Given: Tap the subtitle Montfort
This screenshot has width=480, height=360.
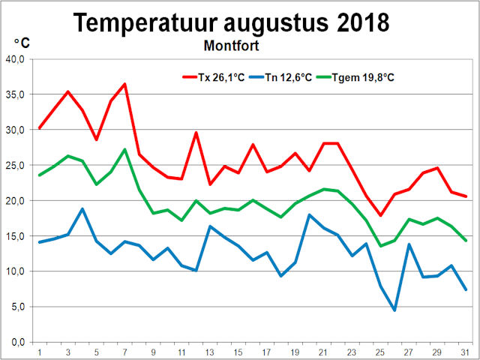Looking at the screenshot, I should (231, 45).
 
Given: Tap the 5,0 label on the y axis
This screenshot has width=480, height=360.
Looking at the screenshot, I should (18, 307).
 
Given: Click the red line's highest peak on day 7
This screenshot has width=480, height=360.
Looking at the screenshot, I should (124, 84).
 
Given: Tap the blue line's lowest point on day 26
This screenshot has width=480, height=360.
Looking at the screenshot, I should (394, 310).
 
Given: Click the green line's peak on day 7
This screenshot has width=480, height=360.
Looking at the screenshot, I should (124, 149).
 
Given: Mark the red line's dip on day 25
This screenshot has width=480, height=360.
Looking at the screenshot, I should (380, 215).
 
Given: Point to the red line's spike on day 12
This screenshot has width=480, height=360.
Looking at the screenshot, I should (196, 133).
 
